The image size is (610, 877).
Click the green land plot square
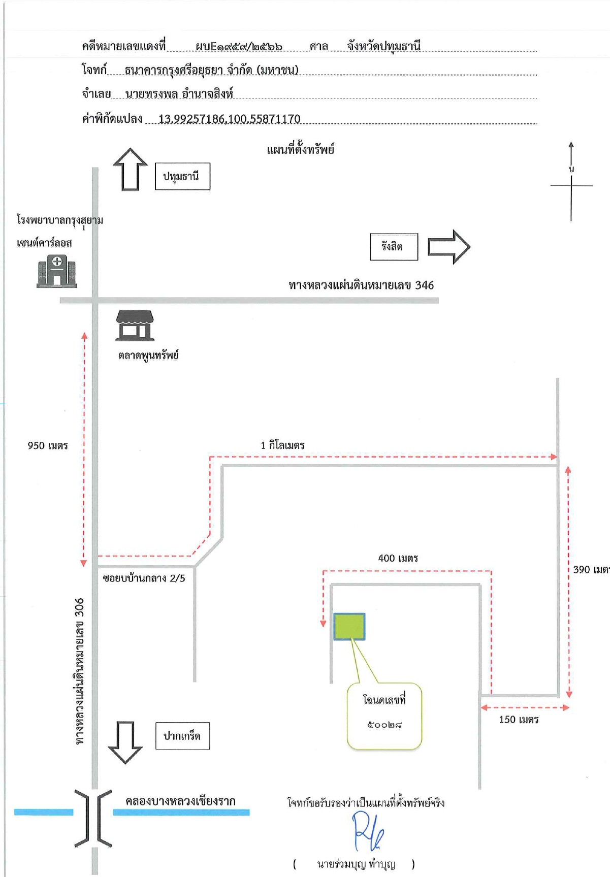(x=349, y=626)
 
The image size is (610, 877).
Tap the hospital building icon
(x=57, y=271)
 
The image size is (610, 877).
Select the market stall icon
(x=135, y=325)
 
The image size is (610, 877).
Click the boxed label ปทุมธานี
(x=182, y=176)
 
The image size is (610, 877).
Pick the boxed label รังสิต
(x=394, y=247)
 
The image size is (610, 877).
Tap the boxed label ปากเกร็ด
(x=182, y=736)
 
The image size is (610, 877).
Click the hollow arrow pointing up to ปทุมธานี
(x=131, y=169)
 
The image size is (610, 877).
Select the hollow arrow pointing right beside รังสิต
(x=449, y=247)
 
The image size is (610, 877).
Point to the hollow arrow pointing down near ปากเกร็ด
(x=125, y=742)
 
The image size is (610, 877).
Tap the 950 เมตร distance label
(x=48, y=446)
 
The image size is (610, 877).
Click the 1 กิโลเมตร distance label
(x=282, y=445)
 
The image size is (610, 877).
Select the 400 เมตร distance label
(x=398, y=558)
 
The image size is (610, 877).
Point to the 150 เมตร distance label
(x=519, y=720)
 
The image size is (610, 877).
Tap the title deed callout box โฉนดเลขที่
(x=384, y=716)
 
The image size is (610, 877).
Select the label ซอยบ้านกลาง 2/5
(x=144, y=578)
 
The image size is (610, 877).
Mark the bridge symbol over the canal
(x=93, y=818)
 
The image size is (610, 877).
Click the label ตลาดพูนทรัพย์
(x=148, y=355)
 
